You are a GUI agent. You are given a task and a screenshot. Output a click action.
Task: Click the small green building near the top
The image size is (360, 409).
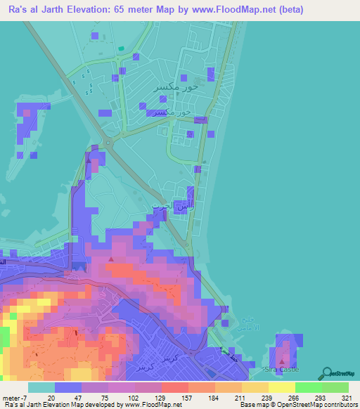121,48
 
